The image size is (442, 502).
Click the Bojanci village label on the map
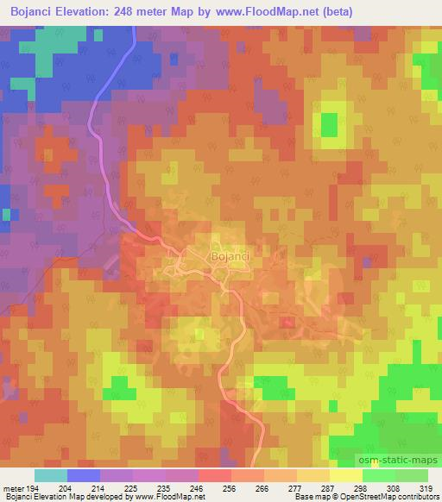click(x=229, y=255)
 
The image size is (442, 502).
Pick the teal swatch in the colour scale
click(x=51, y=475)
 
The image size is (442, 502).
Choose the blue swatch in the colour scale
click(x=84, y=475)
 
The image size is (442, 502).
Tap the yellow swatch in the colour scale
click(x=345, y=475)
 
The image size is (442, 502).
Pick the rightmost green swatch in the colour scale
click(x=411, y=475)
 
